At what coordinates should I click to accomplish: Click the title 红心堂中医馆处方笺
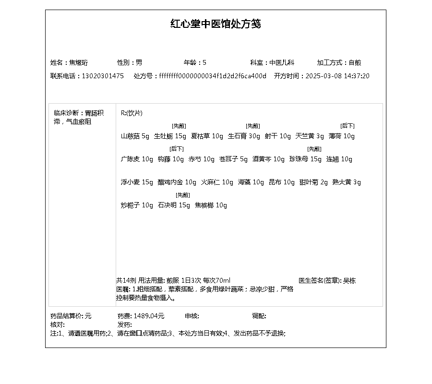click(216, 24)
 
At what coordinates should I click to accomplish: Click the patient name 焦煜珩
click(79, 62)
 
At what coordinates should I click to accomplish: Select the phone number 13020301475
click(103, 76)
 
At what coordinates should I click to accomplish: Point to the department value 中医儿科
click(281, 62)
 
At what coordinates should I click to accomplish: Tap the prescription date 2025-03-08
click(324, 76)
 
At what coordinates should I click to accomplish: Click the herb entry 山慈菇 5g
click(135, 136)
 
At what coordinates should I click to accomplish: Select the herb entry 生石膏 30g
click(244, 136)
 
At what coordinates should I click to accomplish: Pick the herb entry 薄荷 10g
click(342, 136)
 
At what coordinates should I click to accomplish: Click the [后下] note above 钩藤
click(177, 149)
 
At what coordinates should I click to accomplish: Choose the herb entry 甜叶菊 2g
click(313, 182)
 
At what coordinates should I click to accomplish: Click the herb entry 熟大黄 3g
click(347, 182)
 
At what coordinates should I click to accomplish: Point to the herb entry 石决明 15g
click(174, 205)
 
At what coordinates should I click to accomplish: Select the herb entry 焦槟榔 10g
click(211, 205)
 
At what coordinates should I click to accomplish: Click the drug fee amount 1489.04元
click(149, 316)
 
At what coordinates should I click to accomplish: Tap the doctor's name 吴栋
click(349, 281)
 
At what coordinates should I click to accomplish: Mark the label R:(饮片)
click(132, 113)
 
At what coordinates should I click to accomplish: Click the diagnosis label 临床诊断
click(66, 113)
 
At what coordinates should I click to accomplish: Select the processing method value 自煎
click(355, 62)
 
